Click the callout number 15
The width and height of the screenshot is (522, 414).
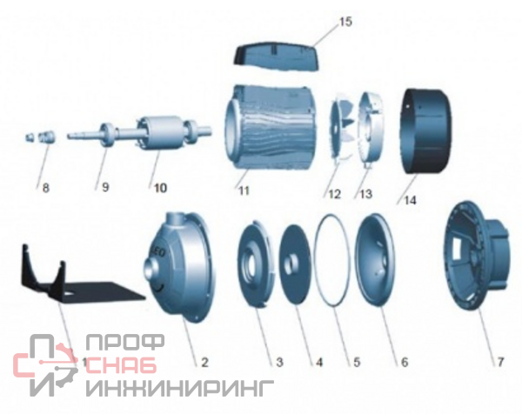pos(345,22)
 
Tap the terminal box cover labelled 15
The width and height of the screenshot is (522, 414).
pos(277,57)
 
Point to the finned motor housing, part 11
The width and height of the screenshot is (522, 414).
pos(271,128)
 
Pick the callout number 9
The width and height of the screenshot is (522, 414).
pos(105,187)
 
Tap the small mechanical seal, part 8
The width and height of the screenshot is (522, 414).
pos(41,137)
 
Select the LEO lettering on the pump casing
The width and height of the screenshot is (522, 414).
pos(159,252)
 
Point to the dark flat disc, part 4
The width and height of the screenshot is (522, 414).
pos(295,264)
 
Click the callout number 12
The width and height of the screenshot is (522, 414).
pos(335,194)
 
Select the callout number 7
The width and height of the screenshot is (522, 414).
pos(500,362)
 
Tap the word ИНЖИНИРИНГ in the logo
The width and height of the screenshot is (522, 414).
pos(180,388)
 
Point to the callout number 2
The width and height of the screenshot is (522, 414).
pos(204,362)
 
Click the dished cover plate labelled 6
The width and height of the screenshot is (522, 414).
pos(375,259)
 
